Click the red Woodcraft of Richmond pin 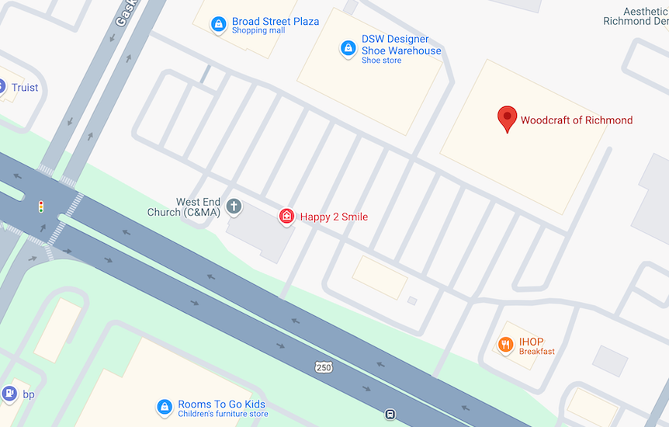(507, 119)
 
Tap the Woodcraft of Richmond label (576, 120)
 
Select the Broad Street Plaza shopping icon (219, 25)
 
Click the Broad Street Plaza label (275, 22)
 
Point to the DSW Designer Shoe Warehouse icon (348, 49)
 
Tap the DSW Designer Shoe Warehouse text (400, 45)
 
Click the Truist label (25, 88)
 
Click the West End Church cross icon (234, 207)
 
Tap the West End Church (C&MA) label (185, 207)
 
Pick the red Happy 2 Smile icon (286, 217)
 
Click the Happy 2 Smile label (334, 217)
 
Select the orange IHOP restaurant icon (506, 344)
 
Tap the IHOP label (532, 342)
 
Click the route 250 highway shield (324, 366)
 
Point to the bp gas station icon (9, 394)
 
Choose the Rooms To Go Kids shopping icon (165, 407)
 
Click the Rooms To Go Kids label (221, 404)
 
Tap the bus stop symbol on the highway (390, 415)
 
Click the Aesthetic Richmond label (636, 16)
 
